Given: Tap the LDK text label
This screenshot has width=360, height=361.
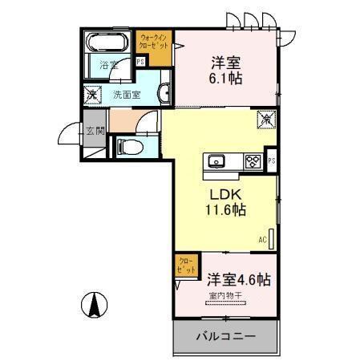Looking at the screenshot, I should tap(225, 194).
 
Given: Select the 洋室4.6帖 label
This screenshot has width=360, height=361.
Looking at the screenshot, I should tap(240, 281).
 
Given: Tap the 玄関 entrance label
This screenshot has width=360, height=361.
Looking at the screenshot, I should tap(94, 131).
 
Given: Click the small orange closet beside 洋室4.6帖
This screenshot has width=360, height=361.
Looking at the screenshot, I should tap(185, 265).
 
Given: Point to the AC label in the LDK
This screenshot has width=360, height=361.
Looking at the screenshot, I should tap(261, 239).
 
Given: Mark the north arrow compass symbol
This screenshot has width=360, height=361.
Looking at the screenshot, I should tap(94, 304).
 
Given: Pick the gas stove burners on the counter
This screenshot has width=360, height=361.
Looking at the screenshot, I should tap(252, 160).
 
